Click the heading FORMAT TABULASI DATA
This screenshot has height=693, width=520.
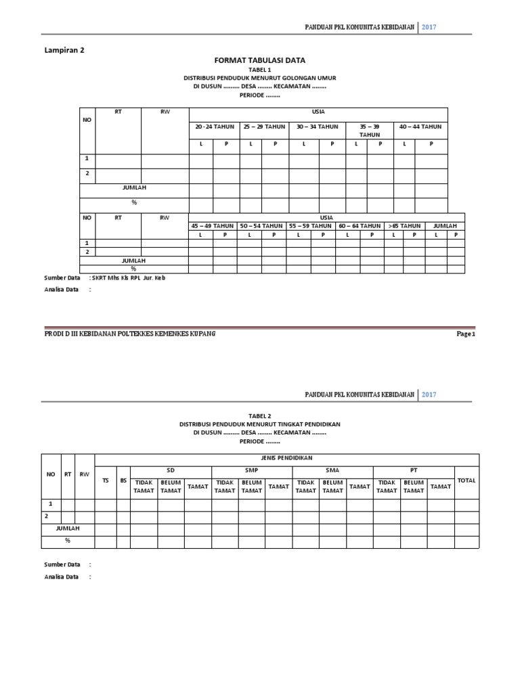259,60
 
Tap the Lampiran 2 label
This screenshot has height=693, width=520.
64,49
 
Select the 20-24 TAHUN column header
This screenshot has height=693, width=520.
214,127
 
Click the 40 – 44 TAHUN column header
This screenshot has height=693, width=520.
420,127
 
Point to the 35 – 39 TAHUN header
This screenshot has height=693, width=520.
369,131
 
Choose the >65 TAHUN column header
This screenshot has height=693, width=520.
404,225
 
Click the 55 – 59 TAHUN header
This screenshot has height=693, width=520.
310,225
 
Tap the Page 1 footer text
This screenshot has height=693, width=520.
466,334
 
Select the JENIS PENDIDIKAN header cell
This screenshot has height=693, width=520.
286,458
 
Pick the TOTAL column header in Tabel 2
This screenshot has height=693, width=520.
467,480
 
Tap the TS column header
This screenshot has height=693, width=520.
105,480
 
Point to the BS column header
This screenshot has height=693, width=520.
123,480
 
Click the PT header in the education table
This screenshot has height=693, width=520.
413,470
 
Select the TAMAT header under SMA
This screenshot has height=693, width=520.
360,487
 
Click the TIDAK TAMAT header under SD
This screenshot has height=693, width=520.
144,487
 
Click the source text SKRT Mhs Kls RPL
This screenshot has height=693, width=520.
129,277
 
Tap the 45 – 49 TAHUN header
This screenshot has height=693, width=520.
212,225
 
